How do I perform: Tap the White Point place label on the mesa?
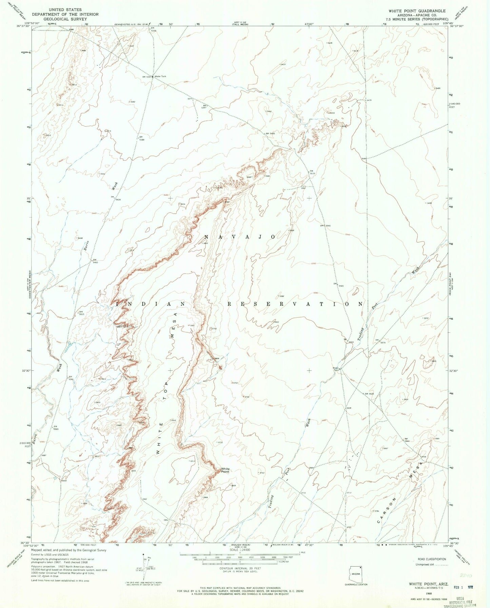tap(225, 470)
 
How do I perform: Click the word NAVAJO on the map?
tap(239, 237)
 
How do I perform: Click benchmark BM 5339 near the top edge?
tap(153, 30)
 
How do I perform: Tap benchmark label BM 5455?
tap(271, 134)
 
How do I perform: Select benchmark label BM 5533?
tap(313, 172)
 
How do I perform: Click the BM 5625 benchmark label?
tap(369, 394)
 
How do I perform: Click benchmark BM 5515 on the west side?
tap(81, 313)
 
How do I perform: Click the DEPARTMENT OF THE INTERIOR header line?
tap(65, 14)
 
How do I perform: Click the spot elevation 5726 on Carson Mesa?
tap(424, 457)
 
